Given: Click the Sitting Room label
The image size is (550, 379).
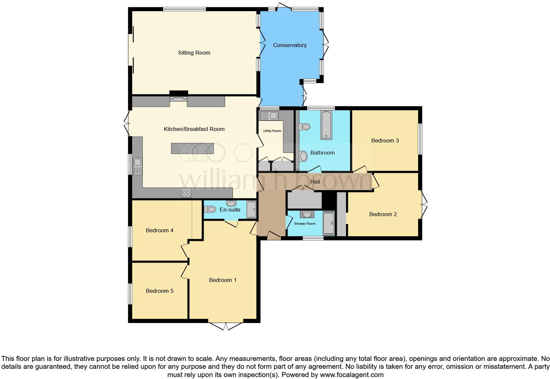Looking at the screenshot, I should [194, 53].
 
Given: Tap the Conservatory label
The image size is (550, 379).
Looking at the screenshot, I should [289, 45].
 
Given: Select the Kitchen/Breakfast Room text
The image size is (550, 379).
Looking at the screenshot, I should [194, 129].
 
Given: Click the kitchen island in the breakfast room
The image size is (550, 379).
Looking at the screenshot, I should [192, 148].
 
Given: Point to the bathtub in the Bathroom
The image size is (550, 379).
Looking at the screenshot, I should [326, 125].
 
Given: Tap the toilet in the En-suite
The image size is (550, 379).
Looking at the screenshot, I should [210, 209].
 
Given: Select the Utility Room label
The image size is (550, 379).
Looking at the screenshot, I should [272, 131].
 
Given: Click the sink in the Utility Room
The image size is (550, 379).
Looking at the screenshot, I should [269, 116].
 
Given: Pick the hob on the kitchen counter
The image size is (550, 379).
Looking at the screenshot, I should [186, 192].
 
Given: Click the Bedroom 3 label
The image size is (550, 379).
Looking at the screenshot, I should [385, 140].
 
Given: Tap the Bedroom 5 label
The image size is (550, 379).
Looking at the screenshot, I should [160, 291].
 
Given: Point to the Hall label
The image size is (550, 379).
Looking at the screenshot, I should [315, 182].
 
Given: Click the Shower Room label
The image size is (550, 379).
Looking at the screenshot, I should [305, 224].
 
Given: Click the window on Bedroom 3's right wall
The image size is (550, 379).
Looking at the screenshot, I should [420, 139].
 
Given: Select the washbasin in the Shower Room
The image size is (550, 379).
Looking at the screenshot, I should [307, 215].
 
